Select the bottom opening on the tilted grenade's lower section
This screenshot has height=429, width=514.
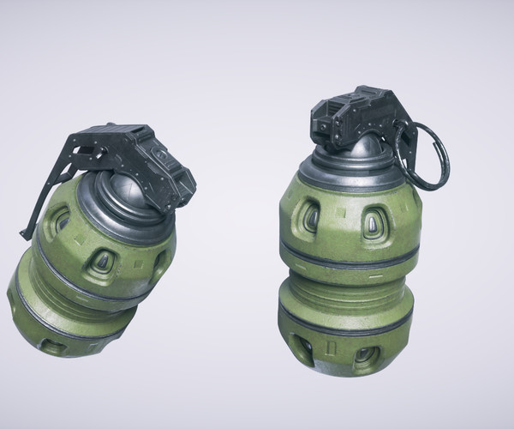point(51,343)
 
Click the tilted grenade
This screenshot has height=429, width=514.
point(94,249)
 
